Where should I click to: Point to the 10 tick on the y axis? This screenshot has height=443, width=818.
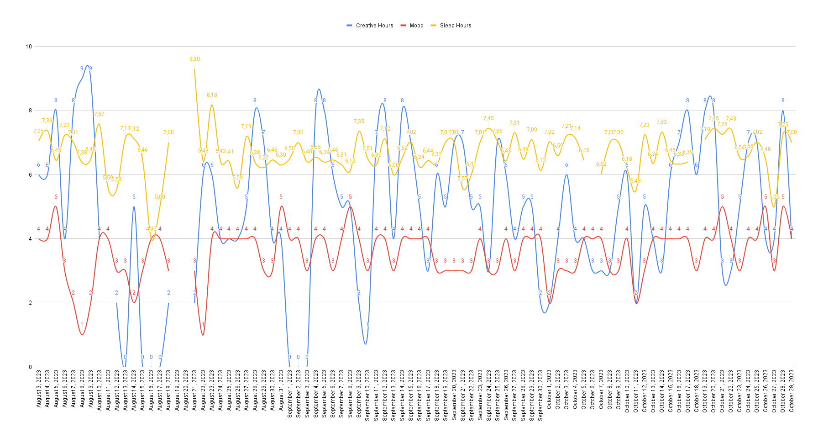click(x=29, y=47)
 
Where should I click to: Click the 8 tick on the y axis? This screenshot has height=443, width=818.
click(x=30, y=111)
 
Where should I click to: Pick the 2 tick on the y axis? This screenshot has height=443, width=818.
click(x=30, y=303)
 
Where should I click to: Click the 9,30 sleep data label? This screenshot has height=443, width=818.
click(x=194, y=59)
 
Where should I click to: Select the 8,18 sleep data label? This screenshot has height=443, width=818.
click(x=212, y=95)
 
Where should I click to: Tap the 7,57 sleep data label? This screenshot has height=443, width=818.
click(x=99, y=114)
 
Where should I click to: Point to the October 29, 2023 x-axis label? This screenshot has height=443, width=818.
click(x=792, y=390)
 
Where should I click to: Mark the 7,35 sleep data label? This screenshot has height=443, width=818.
click(x=359, y=121)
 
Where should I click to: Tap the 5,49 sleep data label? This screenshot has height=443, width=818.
click(x=635, y=181)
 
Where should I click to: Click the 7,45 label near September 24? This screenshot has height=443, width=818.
click(x=488, y=118)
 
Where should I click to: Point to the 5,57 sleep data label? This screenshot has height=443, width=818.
click(x=462, y=179)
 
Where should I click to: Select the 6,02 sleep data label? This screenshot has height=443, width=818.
click(x=601, y=164)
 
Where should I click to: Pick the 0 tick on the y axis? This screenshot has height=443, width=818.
click(x=30, y=367)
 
